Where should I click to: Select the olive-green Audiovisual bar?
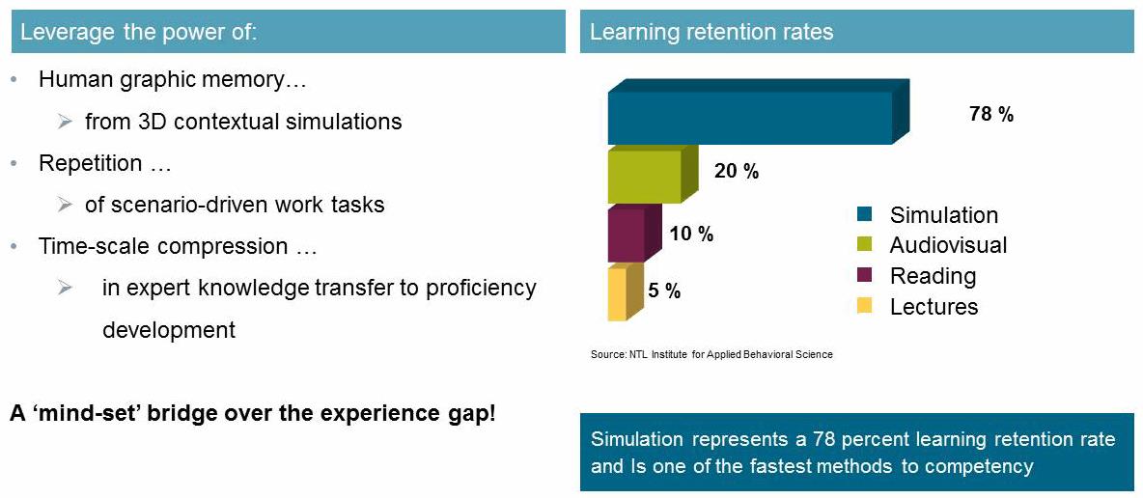pos(654,174)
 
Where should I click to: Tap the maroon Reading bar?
pos(634,234)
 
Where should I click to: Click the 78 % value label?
pos(990,115)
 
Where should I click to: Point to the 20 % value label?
pos(737,172)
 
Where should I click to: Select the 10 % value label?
pos(691,235)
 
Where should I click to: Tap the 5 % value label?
pos(664,291)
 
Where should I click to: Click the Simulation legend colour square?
pos(865,214)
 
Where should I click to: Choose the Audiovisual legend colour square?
pos(865,244)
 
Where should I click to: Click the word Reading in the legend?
pos(934,276)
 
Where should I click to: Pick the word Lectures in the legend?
pos(934,306)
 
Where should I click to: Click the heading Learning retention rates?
pos(711,32)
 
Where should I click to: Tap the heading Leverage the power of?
pos(138,33)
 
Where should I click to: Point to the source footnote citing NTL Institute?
pos(711,354)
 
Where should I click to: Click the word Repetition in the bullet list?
pos(91,163)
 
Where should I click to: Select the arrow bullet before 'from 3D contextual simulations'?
pos(66,122)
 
